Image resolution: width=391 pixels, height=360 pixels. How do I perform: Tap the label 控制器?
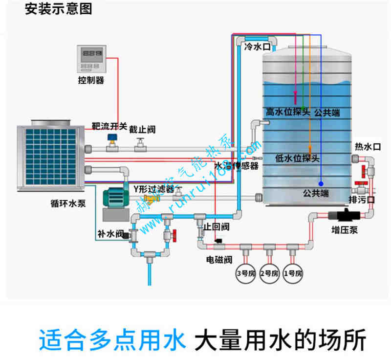[91, 80]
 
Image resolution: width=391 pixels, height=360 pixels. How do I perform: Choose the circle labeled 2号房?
[268, 272]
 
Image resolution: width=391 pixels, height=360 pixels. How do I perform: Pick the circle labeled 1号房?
[292, 272]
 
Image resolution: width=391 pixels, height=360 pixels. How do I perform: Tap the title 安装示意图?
[58, 9]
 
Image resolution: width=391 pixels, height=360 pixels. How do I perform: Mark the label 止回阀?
[217, 227]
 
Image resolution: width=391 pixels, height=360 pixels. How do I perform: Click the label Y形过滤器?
[154, 188]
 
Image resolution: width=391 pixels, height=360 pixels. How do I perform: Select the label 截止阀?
[142, 129]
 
